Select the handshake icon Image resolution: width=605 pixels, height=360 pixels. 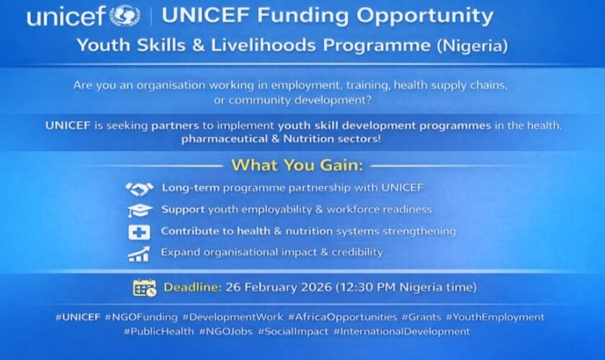tap(139, 189)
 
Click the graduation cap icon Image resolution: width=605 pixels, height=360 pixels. tap(139, 210)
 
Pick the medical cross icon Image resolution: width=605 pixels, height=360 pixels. tap(139, 232)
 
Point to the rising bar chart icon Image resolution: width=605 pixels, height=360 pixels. tap(138, 253)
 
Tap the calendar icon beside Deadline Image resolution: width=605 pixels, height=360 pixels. tap(144, 287)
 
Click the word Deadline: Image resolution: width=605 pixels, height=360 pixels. tap(192, 287)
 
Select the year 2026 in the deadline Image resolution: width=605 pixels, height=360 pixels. tap(312, 287)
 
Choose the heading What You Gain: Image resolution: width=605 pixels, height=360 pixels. tap(297, 165)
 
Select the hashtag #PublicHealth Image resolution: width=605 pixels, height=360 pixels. tap(159, 331)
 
